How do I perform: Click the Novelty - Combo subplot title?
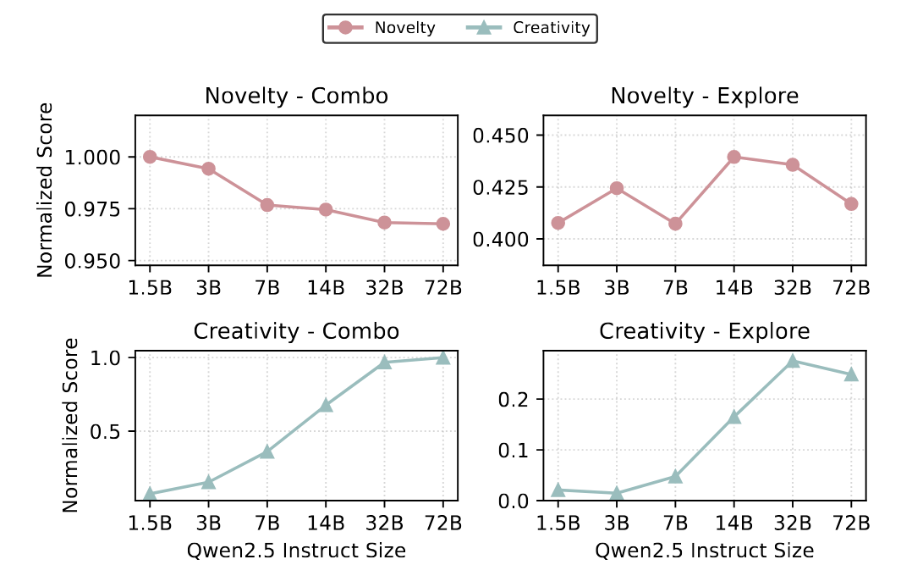pyautogui.click(x=296, y=97)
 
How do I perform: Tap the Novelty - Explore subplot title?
pyautogui.click(x=704, y=97)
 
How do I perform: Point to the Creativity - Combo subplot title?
pyautogui.click(x=296, y=330)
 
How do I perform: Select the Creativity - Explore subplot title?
pyautogui.click(x=704, y=330)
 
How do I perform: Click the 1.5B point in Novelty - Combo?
pyautogui.click(x=150, y=157)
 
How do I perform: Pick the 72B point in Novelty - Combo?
pyautogui.click(x=442, y=224)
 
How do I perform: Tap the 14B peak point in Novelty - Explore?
pyautogui.click(x=733, y=157)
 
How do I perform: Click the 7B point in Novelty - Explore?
pyautogui.click(x=675, y=224)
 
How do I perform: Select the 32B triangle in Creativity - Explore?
pyautogui.click(x=793, y=362)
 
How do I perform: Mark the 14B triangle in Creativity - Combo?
pyautogui.click(x=326, y=406)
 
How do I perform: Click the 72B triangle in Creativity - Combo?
pyautogui.click(x=442, y=357)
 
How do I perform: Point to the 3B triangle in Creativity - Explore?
pyautogui.click(x=617, y=493)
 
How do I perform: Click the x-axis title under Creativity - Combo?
pyautogui.click(x=296, y=551)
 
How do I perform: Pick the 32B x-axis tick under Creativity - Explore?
pyautogui.click(x=793, y=523)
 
